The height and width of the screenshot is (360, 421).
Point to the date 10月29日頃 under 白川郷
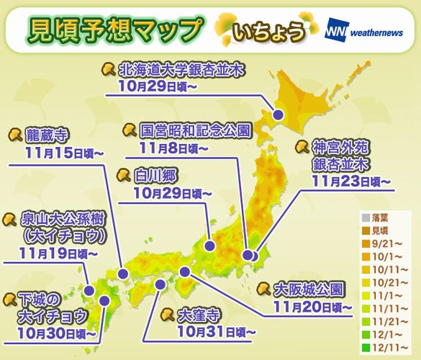click(173, 193)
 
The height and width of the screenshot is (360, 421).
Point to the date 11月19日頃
click(60, 253)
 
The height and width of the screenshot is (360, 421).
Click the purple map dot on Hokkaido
click(276, 113)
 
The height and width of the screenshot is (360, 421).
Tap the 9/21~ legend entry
click(384, 243)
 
